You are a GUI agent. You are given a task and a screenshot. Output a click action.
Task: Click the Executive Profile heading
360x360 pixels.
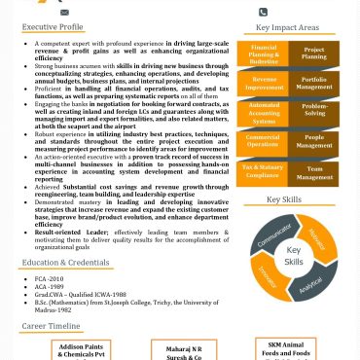[54, 28]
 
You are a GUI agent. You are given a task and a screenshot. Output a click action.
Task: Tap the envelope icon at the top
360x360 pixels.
[64, 13]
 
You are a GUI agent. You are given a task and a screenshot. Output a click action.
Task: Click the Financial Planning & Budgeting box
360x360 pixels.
[264, 54]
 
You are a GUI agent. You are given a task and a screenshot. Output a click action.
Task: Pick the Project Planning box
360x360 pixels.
[314, 54]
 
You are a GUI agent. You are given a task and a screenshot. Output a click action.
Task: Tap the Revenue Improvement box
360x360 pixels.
[264, 83]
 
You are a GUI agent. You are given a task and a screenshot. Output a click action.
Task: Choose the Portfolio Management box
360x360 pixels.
[314, 83]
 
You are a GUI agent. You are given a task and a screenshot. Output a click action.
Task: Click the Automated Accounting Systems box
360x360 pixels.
[264, 113]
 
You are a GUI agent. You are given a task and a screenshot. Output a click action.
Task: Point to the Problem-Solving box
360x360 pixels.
[314, 112]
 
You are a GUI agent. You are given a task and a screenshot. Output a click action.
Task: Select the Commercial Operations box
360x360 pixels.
[264, 142]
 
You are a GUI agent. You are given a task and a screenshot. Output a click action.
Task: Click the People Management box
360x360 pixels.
[314, 142]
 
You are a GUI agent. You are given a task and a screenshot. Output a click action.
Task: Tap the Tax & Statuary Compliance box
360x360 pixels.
[264, 172]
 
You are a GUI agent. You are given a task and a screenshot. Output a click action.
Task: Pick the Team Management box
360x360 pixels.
[314, 172]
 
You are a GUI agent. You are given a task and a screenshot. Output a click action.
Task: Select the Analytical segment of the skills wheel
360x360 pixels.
[312, 287]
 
